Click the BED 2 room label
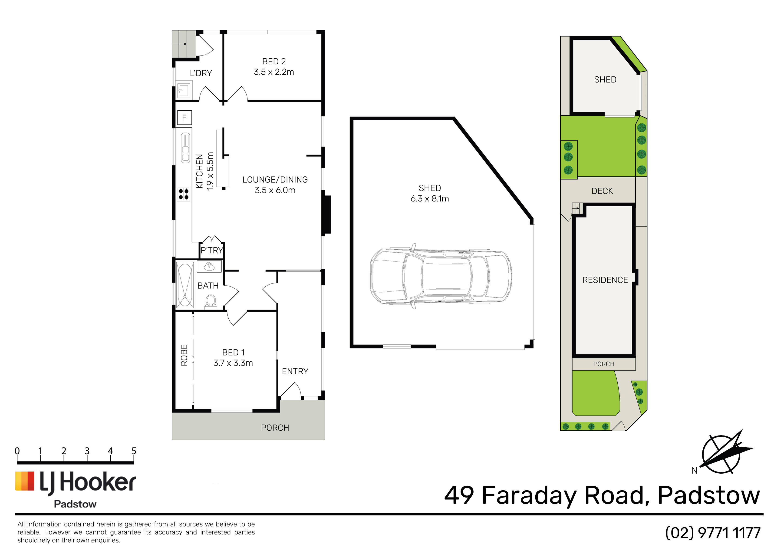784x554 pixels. (274, 62)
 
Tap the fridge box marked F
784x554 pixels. (184, 118)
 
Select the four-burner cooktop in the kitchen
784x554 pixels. (183, 194)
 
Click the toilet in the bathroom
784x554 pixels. (211, 302)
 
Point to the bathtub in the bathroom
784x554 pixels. (185, 285)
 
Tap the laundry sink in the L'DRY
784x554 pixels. (183, 90)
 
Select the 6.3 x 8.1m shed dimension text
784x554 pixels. (430, 198)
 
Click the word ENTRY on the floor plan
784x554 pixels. (295, 371)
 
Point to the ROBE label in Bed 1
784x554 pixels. (184, 355)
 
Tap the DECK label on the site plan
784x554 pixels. (602, 191)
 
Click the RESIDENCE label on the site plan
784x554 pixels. (605, 280)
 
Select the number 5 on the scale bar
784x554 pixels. (134, 451)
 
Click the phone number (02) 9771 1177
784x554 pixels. (713, 533)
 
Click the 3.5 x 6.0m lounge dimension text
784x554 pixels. (275, 190)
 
